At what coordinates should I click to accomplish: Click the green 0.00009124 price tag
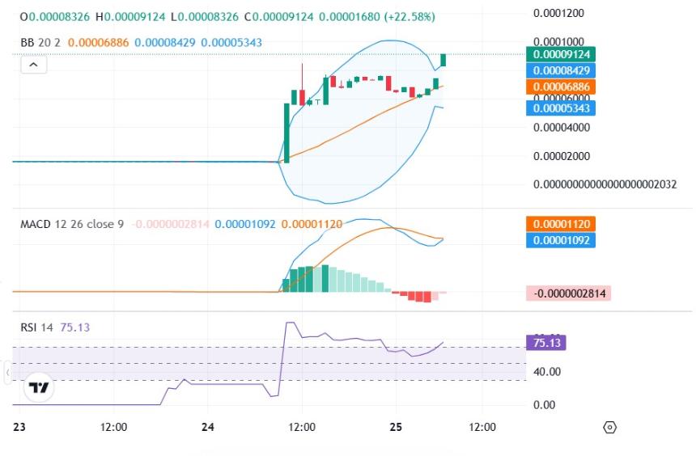tap(560, 54)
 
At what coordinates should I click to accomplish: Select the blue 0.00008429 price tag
tap(560, 70)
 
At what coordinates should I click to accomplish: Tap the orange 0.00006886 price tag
tap(560, 87)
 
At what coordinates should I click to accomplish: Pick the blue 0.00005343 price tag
tap(560, 107)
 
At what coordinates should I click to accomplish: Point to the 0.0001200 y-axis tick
tap(559, 14)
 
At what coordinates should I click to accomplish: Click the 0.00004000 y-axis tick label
tap(559, 127)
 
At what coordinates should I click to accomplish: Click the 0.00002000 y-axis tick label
tap(559, 155)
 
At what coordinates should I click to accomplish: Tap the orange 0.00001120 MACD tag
tap(560, 224)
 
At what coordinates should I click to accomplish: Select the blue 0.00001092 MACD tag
tap(560, 240)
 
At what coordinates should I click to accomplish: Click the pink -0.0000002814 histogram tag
tap(568, 293)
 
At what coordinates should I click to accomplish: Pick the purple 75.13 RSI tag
tap(545, 342)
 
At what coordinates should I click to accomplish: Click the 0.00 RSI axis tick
tap(545, 404)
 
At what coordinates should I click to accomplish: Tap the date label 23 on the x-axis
tap(19, 427)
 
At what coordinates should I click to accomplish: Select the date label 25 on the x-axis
tap(396, 427)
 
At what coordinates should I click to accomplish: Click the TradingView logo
tap(38, 388)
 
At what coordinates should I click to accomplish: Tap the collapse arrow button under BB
tap(33, 64)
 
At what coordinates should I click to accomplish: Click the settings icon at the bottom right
tap(610, 427)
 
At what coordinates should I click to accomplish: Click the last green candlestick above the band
tap(443, 60)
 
